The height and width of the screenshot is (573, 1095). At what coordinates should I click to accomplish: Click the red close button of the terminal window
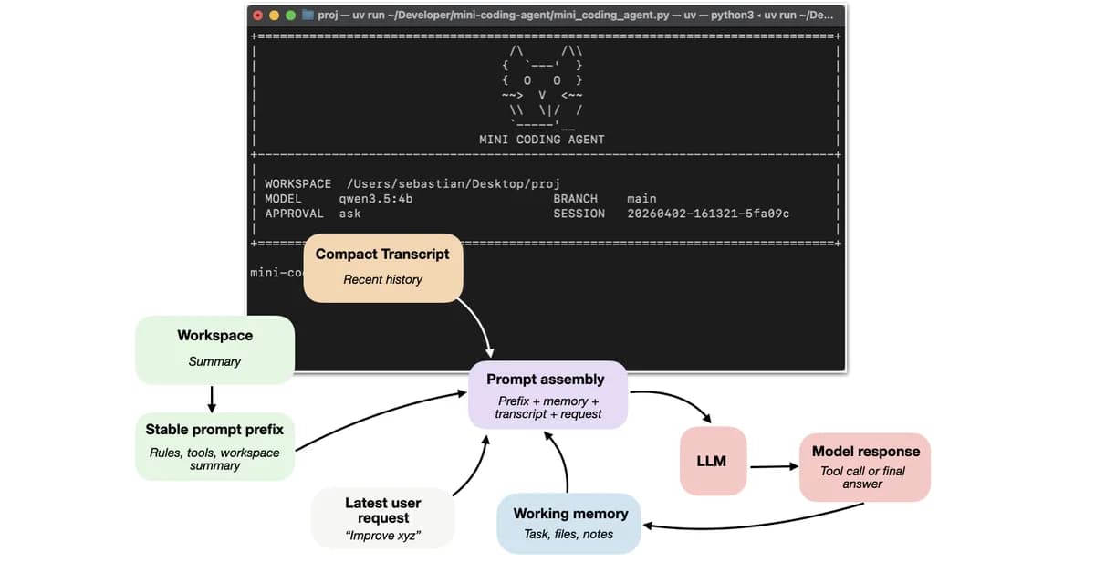pos(258,15)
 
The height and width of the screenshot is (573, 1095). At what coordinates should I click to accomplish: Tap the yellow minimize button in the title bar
pos(275,15)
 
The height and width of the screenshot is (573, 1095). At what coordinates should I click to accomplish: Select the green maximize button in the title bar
pos(291,15)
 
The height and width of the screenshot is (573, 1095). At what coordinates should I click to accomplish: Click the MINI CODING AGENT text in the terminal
pos(541,140)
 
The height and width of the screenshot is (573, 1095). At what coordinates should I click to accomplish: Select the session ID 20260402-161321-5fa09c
pos(708,214)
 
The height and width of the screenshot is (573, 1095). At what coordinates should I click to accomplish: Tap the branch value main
pos(641,198)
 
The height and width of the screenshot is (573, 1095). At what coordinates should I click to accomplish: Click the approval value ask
pos(349,214)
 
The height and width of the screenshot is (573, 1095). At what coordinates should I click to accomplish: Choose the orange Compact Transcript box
pos(383,266)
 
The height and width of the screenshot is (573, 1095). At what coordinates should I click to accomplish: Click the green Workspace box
pos(214,349)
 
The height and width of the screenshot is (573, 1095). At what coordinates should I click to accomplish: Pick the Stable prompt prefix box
pos(214,446)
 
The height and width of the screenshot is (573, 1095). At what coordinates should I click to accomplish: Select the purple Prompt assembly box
pos(548,395)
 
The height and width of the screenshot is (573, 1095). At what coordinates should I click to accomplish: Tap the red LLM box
pos(711,461)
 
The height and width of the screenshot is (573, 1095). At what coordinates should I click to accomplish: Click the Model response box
pos(865,466)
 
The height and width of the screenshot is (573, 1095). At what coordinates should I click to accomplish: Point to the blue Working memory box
pos(568,523)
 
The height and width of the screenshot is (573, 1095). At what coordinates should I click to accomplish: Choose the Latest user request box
pos(382,517)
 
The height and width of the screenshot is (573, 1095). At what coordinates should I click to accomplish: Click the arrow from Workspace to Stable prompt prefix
pos(212,398)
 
